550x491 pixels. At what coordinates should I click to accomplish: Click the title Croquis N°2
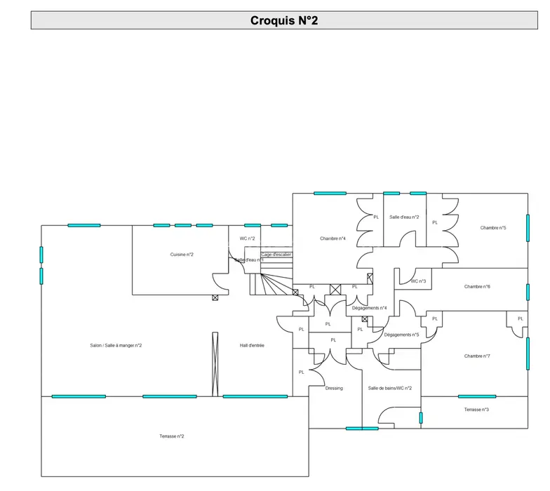click(284, 20)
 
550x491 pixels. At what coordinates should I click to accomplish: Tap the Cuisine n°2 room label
click(182, 254)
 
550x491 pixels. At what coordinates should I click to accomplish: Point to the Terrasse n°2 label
click(172, 436)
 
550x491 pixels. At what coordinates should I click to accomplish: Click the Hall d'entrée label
click(252, 345)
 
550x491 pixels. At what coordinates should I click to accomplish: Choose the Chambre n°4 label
click(333, 238)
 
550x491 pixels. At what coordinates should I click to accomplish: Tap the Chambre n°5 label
click(493, 227)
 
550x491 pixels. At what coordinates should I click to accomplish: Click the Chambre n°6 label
click(477, 286)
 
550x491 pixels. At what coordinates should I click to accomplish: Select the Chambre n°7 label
click(477, 356)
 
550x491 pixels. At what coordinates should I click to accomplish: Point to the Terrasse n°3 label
click(476, 410)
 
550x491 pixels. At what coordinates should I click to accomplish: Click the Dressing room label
click(334, 388)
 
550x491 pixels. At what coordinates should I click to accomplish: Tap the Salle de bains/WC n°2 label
click(390, 388)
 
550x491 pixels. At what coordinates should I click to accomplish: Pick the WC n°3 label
click(418, 281)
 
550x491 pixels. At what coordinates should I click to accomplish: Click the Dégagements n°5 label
click(401, 335)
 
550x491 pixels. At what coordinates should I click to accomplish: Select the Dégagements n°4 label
click(369, 308)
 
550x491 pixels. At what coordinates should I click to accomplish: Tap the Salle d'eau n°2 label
click(404, 217)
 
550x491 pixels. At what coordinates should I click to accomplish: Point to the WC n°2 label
click(247, 238)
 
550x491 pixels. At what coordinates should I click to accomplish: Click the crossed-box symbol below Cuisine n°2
click(215, 298)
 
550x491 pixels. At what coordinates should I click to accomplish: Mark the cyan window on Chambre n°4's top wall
click(330, 193)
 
